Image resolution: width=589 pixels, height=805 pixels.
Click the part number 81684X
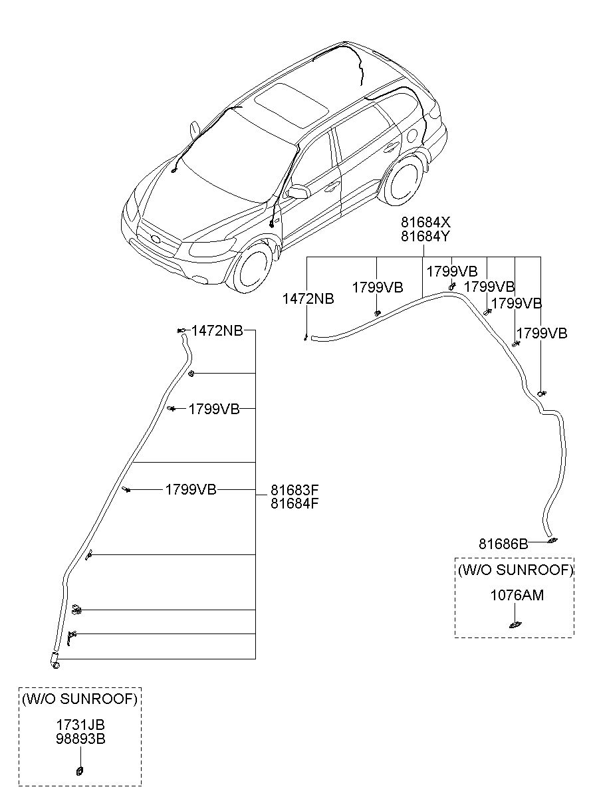coord(425,223)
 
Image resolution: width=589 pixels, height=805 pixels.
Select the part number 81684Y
coord(425,237)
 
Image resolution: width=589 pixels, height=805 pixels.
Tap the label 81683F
coord(294,490)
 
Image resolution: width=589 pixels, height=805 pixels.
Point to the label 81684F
coord(294,503)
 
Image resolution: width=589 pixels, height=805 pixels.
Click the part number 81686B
coord(503,544)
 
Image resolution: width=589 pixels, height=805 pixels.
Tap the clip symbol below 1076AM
coord(515,625)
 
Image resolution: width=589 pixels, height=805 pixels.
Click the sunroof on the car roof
coord(291,105)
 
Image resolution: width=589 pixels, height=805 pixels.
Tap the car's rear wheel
coord(402,180)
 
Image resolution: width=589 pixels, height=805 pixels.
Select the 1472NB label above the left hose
coord(217,330)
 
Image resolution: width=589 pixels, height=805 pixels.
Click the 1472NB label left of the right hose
coord(308,298)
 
